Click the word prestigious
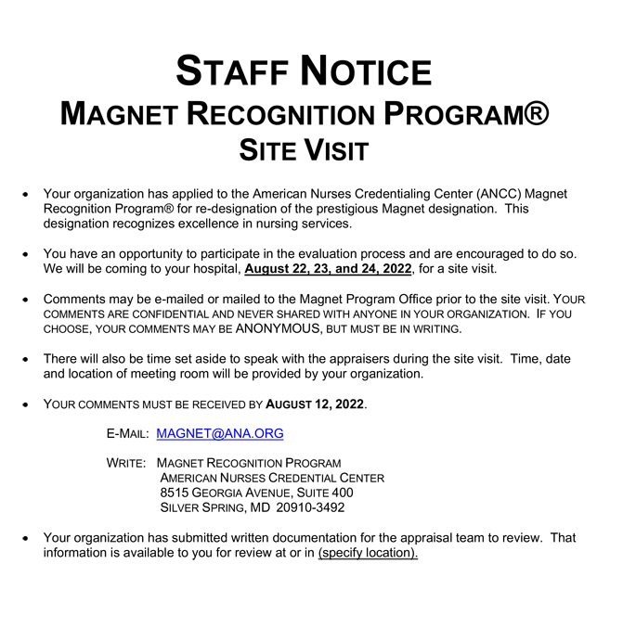pos(346,209)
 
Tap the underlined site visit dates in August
pos(328,269)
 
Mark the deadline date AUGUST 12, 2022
pos(316,404)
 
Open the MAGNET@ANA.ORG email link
pos(220,433)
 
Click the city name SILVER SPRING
pos(197,507)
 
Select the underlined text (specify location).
pos(368,553)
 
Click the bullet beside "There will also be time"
pos(27,360)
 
